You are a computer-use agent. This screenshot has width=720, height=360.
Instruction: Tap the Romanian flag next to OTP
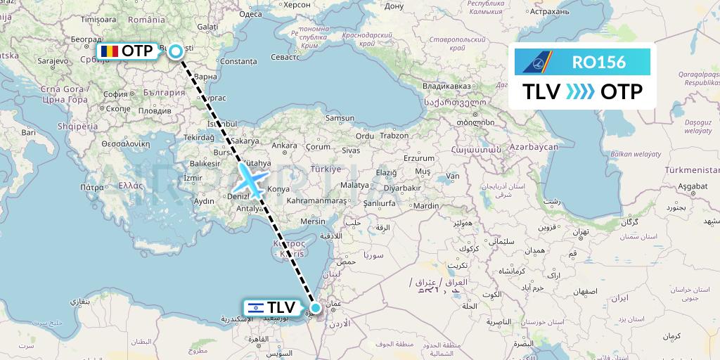point(109,51)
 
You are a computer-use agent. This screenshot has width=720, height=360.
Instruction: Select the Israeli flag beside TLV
point(255,307)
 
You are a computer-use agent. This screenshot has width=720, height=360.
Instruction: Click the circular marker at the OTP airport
point(174,51)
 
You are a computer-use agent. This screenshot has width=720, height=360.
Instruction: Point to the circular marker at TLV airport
point(316,307)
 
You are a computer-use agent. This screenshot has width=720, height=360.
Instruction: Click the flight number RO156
point(598,62)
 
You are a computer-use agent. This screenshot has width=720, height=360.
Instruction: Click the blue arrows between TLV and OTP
point(580,91)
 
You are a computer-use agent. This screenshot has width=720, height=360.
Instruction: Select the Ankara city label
point(285,146)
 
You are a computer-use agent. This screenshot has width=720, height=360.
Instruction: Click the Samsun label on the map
point(340,118)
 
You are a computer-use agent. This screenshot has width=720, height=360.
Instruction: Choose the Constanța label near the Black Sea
point(239,62)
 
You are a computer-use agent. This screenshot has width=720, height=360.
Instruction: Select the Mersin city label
point(313,221)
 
